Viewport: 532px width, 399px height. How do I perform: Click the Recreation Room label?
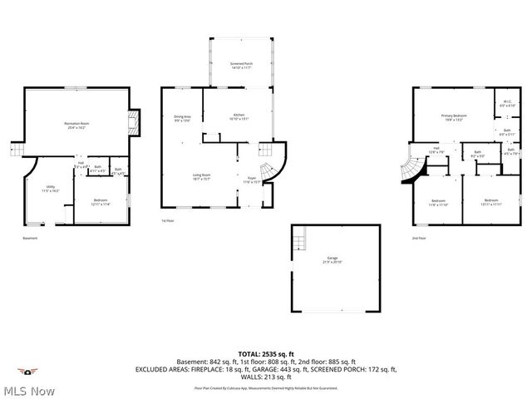pyautogui.click(x=76, y=126)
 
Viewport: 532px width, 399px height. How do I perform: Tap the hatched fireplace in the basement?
pyautogui.click(x=134, y=124)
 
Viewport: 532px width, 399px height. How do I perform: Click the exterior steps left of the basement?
pyautogui.click(x=15, y=150)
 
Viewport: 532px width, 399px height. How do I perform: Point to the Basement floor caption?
pyautogui.click(x=31, y=239)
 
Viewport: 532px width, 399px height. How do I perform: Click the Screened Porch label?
pyautogui.click(x=241, y=65)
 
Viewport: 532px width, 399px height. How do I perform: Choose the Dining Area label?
pyautogui.click(x=183, y=118)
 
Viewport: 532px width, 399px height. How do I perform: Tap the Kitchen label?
pyautogui.click(x=239, y=116)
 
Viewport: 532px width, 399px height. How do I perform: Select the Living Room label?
pyautogui.click(x=202, y=176)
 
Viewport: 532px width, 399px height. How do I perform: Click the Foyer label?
pyautogui.click(x=251, y=180)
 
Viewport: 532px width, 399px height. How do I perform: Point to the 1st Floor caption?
pyautogui.click(x=168, y=220)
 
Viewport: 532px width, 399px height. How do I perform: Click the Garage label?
pyautogui.click(x=332, y=259)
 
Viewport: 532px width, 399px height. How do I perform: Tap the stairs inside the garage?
pyautogui.click(x=297, y=243)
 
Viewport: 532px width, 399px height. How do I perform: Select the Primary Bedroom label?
pyautogui.click(x=454, y=117)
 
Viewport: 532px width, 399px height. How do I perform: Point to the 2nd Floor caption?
pyautogui.click(x=418, y=239)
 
